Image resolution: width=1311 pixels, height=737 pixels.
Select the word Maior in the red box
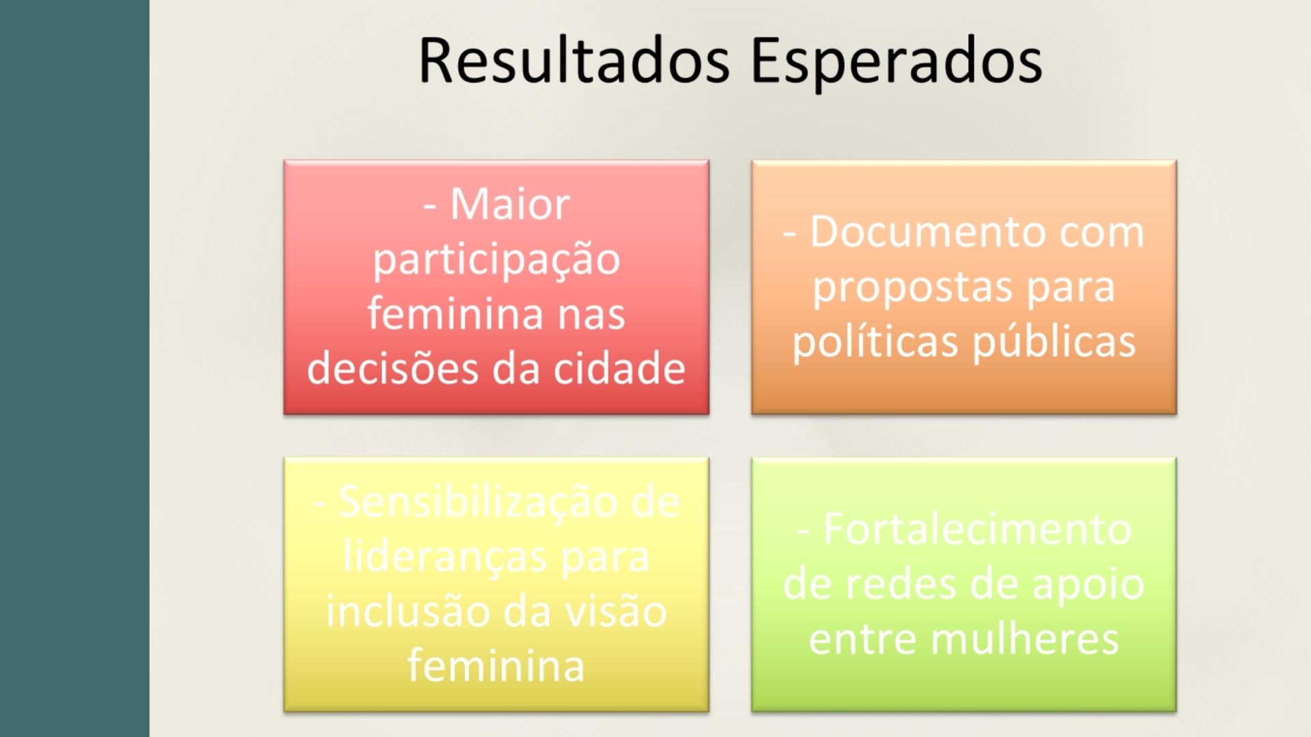[510, 204]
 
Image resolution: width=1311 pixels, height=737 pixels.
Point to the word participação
[496, 261]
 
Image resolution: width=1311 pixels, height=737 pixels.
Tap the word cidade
[619, 368]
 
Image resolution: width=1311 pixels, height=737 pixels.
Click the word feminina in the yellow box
[496, 665]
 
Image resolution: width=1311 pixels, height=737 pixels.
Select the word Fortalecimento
[977, 529]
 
